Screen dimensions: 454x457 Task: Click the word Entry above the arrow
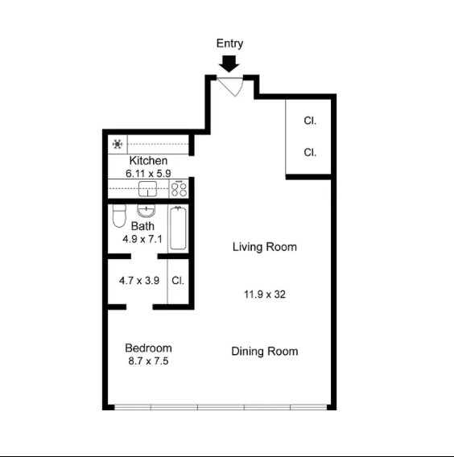tap(229, 43)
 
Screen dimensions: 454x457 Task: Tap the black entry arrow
tap(229, 64)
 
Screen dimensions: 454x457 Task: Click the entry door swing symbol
tap(230, 87)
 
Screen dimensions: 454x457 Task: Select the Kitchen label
tap(148, 161)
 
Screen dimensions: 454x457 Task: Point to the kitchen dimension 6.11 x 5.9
tap(148, 174)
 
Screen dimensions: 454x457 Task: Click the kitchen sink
tap(147, 188)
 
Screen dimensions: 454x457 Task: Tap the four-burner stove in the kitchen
tap(179, 189)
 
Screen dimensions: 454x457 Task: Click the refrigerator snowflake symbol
tap(118, 144)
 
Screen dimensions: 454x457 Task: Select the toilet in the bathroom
tap(119, 216)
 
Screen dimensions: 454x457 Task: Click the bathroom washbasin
tap(146, 211)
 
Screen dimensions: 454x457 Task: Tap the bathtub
tap(178, 228)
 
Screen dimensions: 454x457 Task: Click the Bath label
tap(142, 226)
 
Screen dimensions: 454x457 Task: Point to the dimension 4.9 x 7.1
tap(142, 239)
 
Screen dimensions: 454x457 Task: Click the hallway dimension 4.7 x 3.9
tap(139, 281)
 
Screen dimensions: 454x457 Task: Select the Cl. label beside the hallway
tap(178, 280)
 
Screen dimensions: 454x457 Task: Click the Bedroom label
tap(148, 348)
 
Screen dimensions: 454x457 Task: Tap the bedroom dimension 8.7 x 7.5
tap(148, 361)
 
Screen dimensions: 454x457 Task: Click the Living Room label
tap(265, 247)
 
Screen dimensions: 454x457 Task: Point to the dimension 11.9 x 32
tap(265, 294)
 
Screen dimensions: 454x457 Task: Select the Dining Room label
tap(265, 352)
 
